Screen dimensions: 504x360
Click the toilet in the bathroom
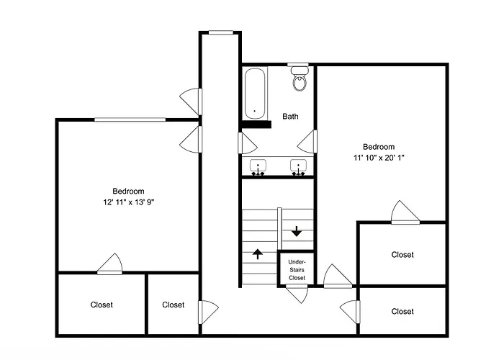pyautogui.click(x=300, y=78)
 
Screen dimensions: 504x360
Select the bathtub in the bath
pyautogui.click(x=255, y=94)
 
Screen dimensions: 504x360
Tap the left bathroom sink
pyautogui.click(x=258, y=167)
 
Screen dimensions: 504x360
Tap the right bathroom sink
pyautogui.click(x=298, y=167)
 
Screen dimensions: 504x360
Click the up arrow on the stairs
pyautogui.click(x=258, y=254)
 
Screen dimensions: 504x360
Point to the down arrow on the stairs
pyautogui.click(x=297, y=231)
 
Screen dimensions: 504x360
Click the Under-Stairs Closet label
pyautogui.click(x=297, y=270)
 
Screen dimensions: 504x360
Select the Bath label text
pyautogui.click(x=290, y=117)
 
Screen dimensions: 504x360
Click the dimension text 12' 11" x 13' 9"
pyautogui.click(x=129, y=202)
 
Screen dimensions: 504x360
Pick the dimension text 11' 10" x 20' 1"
pyautogui.click(x=379, y=158)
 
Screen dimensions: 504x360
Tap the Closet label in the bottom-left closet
pyautogui.click(x=102, y=305)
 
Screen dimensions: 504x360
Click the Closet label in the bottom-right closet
pyautogui.click(x=402, y=311)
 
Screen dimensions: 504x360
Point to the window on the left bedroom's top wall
pyautogui.click(x=130, y=120)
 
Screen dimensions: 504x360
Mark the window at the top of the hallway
pyautogui.click(x=221, y=32)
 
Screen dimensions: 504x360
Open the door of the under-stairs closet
pyautogui.click(x=297, y=293)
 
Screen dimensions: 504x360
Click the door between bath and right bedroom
pyautogui.click(x=307, y=141)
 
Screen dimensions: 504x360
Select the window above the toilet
pyautogui.click(x=298, y=64)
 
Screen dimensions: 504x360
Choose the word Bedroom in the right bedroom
pyautogui.click(x=379, y=147)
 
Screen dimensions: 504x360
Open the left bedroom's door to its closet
pyautogui.click(x=110, y=264)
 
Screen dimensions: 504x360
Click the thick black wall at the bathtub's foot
pyautogui.click(x=256, y=125)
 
